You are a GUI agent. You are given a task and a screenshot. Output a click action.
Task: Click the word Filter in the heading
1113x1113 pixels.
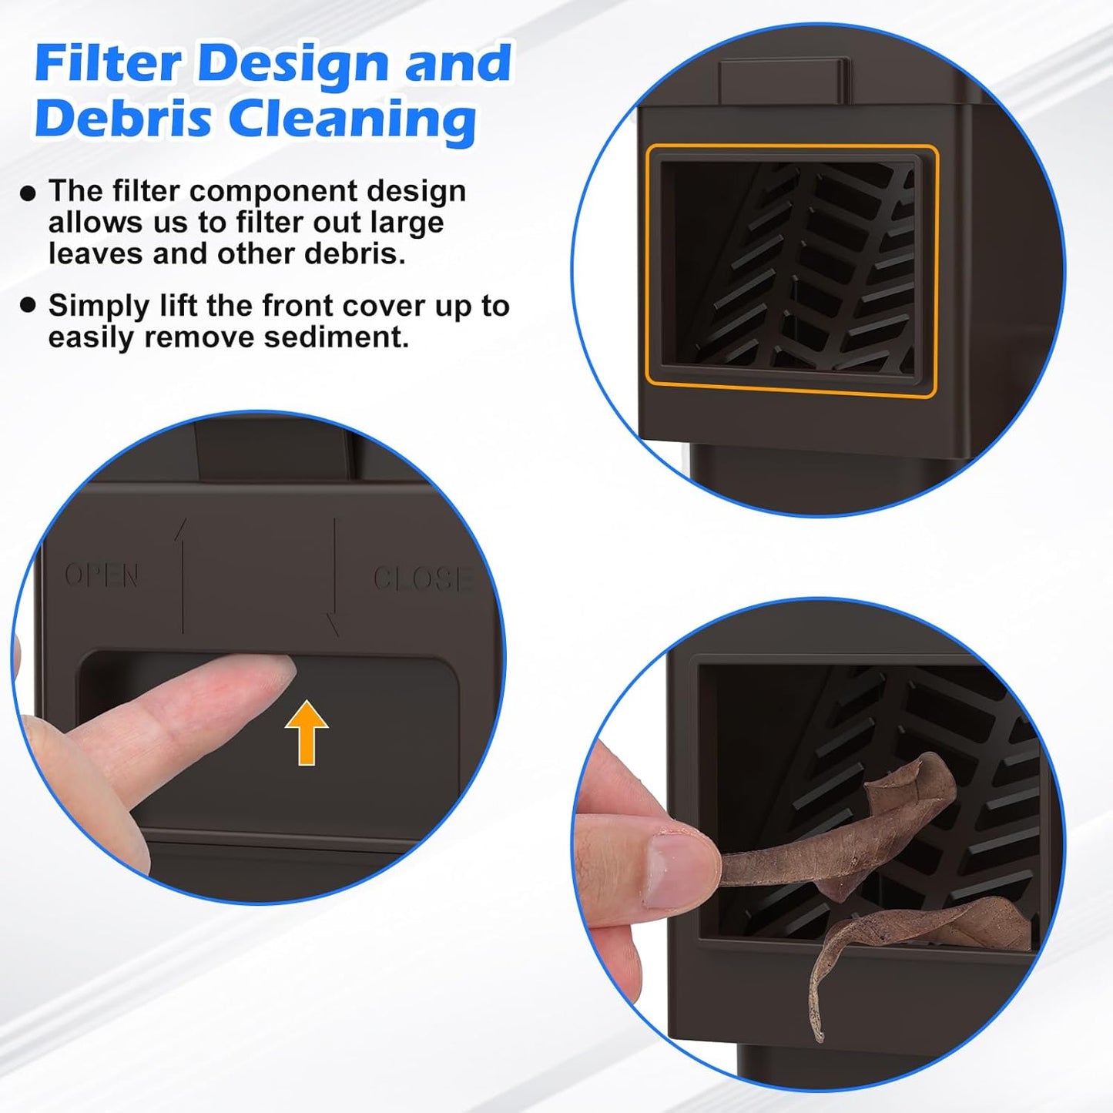coord(109,63)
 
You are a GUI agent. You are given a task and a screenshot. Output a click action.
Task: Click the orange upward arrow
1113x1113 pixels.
coord(307,733)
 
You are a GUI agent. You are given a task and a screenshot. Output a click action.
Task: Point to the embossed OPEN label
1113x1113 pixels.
coord(102,575)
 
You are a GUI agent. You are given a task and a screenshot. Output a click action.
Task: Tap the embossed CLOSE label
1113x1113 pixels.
coord(422,578)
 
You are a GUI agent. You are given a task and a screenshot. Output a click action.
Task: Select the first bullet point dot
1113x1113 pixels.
coord(28,193)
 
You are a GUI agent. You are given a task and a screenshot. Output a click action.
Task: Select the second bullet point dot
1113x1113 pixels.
coord(28,305)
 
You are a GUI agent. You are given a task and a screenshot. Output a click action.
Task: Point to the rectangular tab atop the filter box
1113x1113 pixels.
coord(783,81)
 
